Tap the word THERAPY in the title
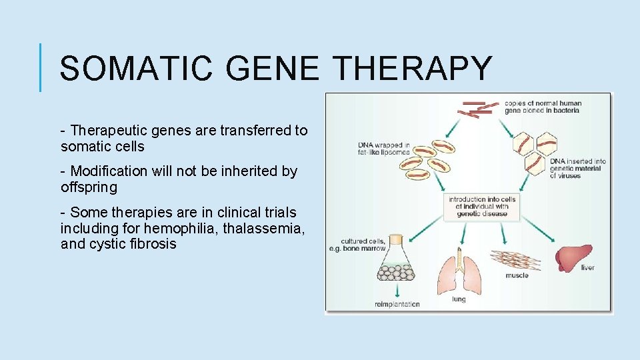coord(413,69)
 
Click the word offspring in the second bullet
coord(89,187)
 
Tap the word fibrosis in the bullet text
coord(153,244)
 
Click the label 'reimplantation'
coord(397,305)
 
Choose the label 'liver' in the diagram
coord(587,268)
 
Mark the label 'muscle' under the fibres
coord(517,275)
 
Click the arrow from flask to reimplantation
coord(397,291)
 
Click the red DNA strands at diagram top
coord(481,109)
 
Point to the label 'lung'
coord(459,299)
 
